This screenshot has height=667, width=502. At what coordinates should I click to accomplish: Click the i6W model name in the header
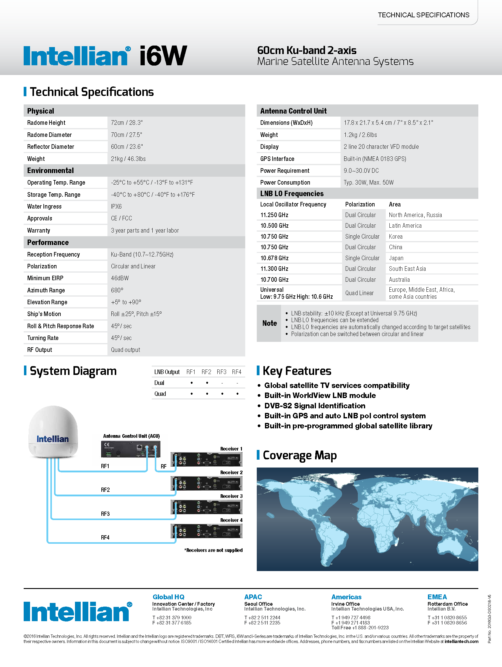click(x=163, y=56)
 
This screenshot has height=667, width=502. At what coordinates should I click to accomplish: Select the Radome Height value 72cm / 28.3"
click(x=127, y=123)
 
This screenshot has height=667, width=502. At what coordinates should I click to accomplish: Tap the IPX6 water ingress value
click(x=116, y=206)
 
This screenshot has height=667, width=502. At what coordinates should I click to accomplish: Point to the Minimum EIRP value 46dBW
click(x=120, y=278)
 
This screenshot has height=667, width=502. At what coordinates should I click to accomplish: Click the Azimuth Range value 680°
click(x=117, y=290)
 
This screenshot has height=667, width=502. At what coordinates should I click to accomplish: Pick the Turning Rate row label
click(x=43, y=338)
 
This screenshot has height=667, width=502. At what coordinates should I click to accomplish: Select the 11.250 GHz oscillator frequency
click(x=274, y=215)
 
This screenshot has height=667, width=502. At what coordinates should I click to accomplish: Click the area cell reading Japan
click(x=396, y=258)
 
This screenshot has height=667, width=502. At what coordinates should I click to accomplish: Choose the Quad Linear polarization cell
click(x=359, y=293)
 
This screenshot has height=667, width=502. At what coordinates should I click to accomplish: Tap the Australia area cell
click(x=399, y=280)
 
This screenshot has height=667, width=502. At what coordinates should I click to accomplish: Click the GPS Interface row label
click(x=277, y=159)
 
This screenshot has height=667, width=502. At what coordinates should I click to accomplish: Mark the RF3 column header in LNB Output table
click(x=222, y=372)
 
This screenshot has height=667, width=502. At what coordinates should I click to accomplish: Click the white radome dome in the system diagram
click(x=53, y=431)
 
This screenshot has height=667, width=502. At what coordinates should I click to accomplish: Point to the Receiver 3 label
click(x=231, y=496)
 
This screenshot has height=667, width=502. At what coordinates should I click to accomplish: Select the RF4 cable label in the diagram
click(x=105, y=537)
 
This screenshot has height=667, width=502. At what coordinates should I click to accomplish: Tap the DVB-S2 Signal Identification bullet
click(x=315, y=406)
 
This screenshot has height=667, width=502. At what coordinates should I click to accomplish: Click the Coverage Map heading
click(x=300, y=455)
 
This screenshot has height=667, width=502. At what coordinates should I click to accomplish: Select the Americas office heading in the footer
click(x=346, y=597)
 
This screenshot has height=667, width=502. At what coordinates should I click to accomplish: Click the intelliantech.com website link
click(x=461, y=641)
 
